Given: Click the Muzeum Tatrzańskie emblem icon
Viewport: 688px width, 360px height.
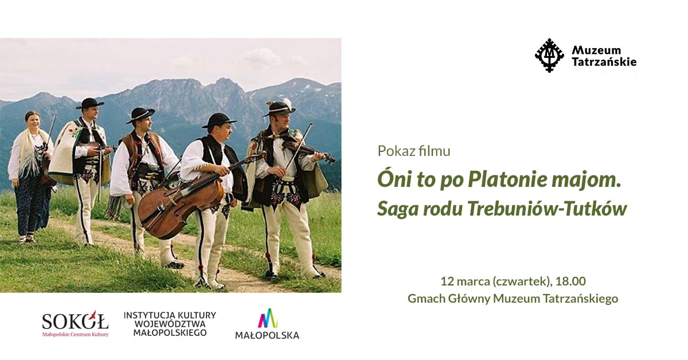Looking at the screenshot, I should coord(549,56).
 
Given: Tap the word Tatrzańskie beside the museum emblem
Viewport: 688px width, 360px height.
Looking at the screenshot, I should coord(604,62).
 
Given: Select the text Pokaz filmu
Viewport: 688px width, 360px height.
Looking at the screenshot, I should coord(413,151).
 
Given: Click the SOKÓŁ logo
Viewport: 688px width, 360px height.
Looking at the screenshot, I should coord(75,320).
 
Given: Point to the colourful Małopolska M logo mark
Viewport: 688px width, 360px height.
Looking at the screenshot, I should coord(267,318).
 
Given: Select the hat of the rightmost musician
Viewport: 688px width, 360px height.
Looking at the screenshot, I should coord(279,107).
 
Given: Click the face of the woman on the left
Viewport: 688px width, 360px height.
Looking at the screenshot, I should coord(33,122).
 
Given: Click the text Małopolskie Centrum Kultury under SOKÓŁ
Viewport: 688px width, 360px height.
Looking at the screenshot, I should coord(75,334).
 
